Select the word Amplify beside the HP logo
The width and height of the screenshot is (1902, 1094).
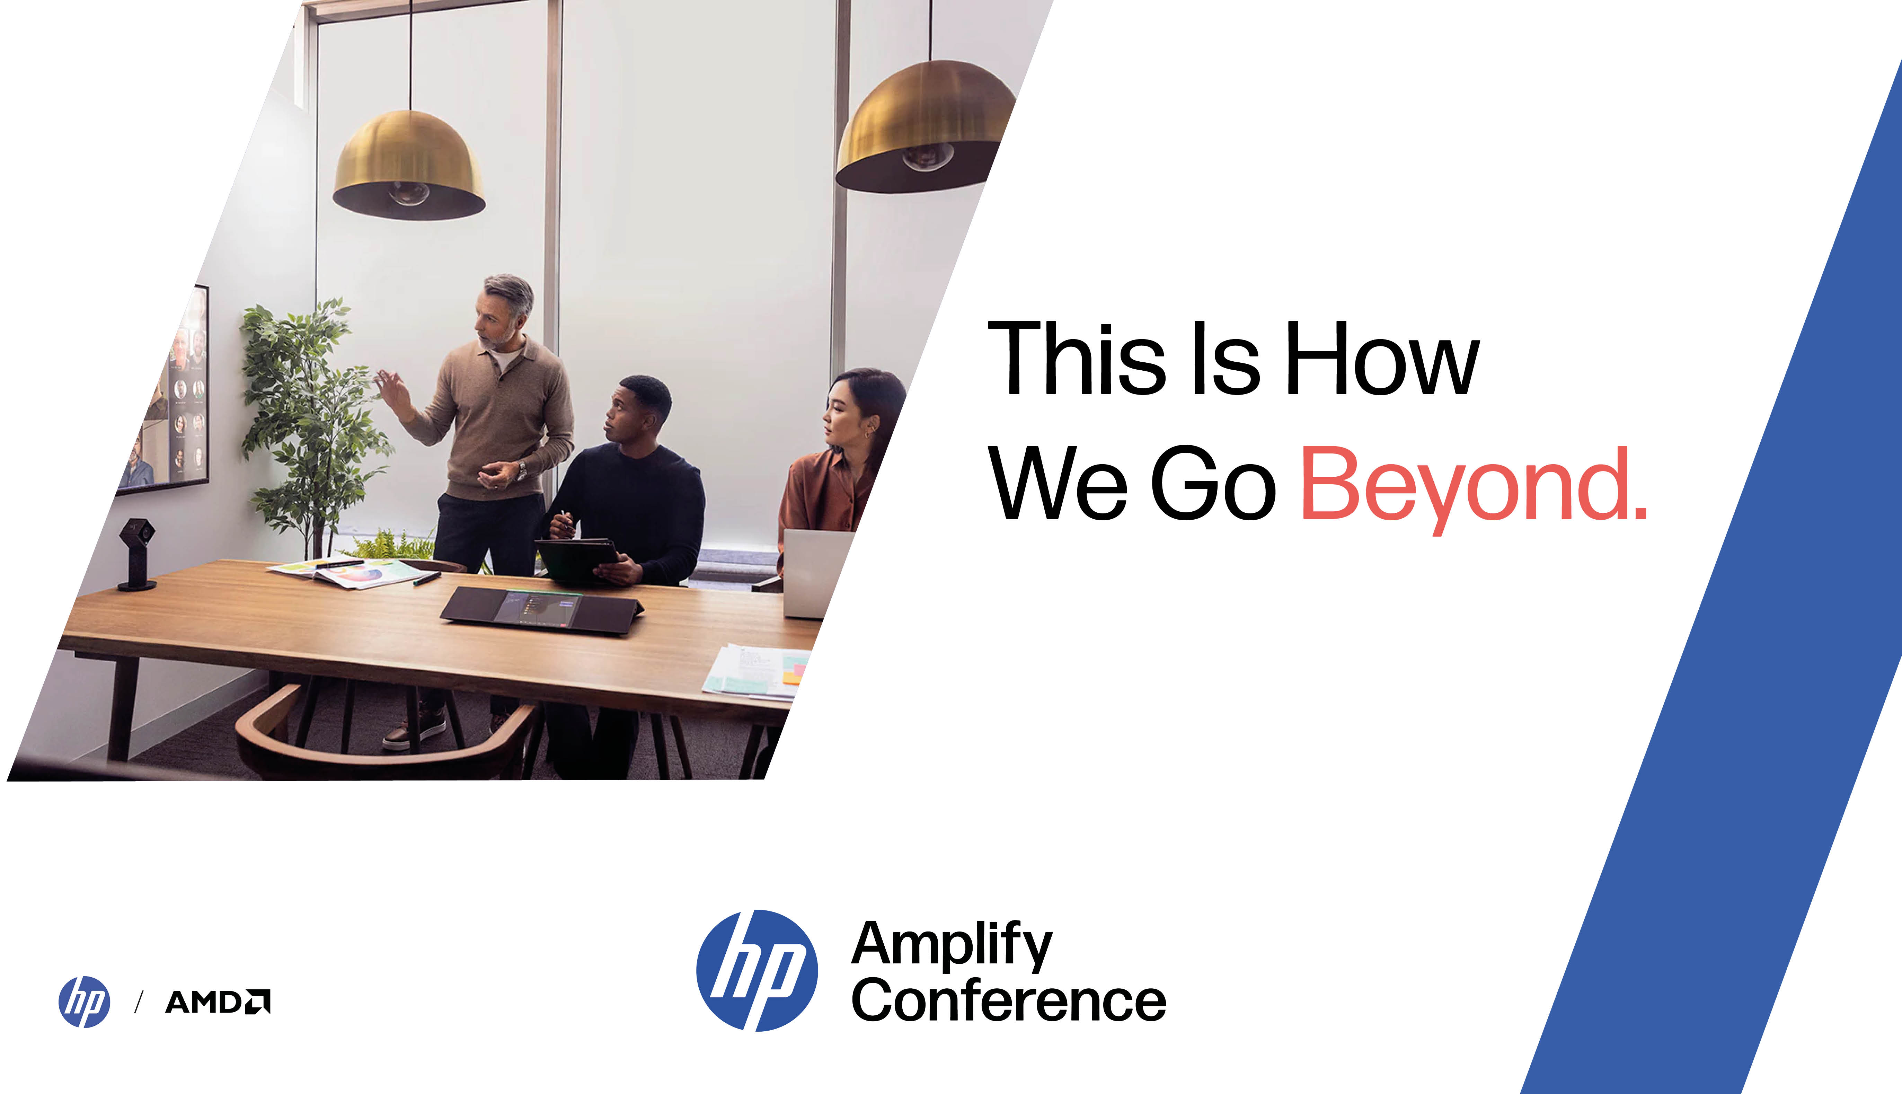952,945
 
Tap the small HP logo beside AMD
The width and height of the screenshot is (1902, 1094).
84,1002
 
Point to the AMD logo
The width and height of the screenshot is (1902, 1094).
218,1002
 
